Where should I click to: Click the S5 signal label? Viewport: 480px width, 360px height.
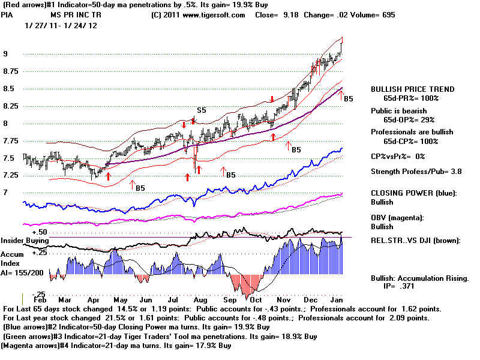point(202,110)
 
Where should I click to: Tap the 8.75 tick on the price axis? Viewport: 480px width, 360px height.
point(11,71)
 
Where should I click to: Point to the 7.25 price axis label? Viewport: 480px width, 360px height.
point(11,175)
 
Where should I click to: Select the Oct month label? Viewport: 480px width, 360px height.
point(256,300)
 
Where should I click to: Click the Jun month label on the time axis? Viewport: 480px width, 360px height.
point(146,300)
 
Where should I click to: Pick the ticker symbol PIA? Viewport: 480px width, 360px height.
point(7,15)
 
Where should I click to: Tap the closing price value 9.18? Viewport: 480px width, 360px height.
point(291,15)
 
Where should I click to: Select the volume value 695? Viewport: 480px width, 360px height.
point(388,15)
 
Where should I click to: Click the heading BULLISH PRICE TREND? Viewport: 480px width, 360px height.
point(413,89)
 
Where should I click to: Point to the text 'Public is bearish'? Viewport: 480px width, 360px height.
point(398,111)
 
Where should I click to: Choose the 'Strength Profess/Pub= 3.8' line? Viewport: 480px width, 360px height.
point(416,172)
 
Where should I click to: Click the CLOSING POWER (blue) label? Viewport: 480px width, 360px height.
point(414,193)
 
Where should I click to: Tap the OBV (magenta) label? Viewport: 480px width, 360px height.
point(397,218)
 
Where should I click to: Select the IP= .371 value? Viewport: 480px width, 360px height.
point(398,286)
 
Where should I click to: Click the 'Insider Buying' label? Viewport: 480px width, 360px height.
point(25,241)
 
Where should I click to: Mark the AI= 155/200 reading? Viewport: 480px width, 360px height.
point(22,273)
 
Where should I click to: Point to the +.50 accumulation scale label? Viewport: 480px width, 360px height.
point(40,232)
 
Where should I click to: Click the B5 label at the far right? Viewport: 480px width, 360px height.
point(349,99)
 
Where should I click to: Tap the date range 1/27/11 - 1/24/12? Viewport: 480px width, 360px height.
point(61,26)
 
